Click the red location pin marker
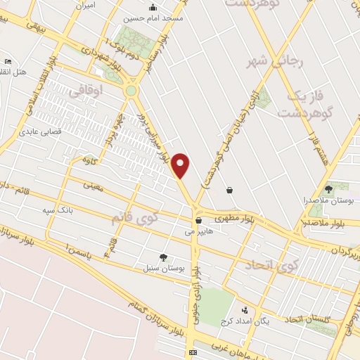(x=181, y=165)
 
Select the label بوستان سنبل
(x=162, y=268)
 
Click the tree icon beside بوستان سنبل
(x=164, y=257)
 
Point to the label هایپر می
(x=198, y=231)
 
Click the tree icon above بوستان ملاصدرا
(x=328, y=189)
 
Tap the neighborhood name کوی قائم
(x=136, y=219)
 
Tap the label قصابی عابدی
(x=40, y=131)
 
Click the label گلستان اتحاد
(x=307, y=320)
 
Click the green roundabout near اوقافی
(x=131, y=90)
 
